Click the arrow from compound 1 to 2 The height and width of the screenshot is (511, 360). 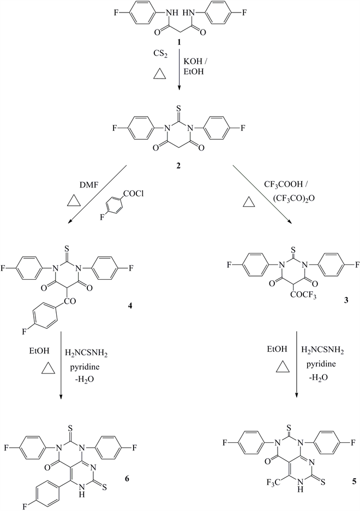click(179, 71)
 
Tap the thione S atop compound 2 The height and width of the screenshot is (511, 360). click(180, 115)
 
